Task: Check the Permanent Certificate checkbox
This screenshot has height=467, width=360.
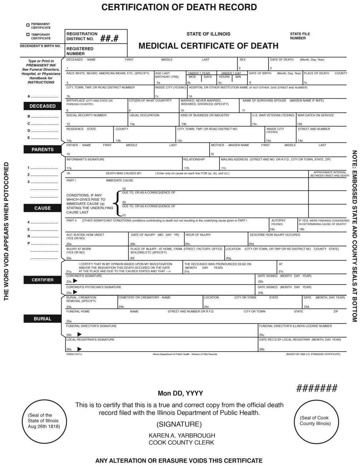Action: pos(28,25)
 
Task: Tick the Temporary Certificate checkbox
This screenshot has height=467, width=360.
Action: pos(28,35)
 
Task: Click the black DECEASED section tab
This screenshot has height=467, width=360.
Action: pos(42,106)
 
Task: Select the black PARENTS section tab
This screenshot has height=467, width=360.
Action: pos(42,149)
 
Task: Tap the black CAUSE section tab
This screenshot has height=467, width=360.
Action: pos(42,208)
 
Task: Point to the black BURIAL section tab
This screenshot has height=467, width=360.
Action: pos(42,319)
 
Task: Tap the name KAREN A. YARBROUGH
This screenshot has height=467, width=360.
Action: pos(182,435)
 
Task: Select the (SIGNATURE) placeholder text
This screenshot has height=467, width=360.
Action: pos(179,424)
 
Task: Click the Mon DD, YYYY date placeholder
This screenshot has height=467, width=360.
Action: pos(180,394)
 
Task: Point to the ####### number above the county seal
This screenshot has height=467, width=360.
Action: pos(317,388)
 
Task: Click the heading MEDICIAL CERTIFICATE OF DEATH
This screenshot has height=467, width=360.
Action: pos(208,46)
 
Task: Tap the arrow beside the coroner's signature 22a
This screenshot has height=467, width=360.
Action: pos(75,281)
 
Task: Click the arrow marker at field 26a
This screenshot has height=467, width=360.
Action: pos(80,349)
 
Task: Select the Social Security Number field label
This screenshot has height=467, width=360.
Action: pos(86,115)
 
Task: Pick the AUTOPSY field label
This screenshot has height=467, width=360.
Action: pos(278,220)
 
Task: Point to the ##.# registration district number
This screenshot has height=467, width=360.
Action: pos(109,38)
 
